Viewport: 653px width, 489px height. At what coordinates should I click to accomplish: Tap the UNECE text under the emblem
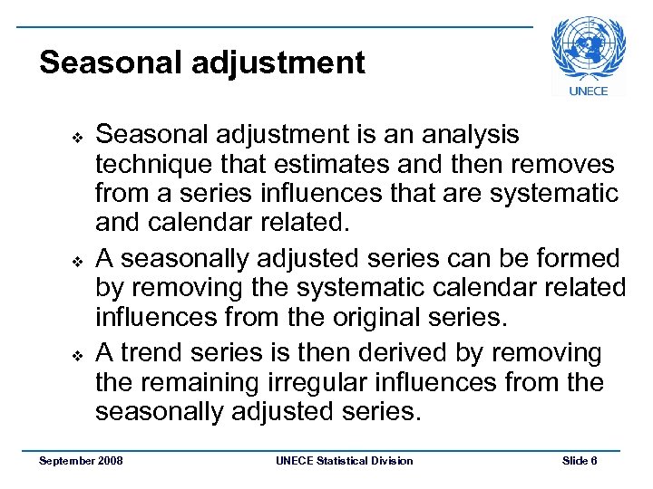588,91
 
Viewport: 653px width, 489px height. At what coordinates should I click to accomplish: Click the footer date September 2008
82,461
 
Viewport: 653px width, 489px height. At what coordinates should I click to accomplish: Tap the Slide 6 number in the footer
580,461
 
